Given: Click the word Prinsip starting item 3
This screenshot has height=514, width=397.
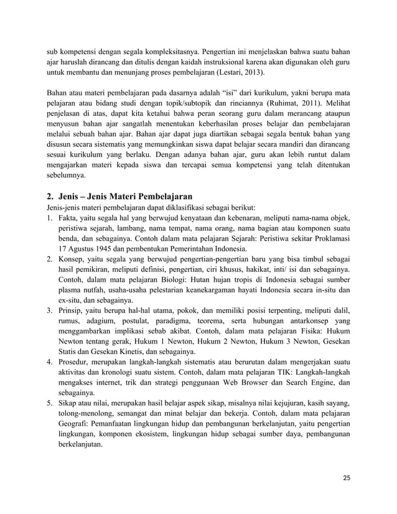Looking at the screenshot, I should (72, 311).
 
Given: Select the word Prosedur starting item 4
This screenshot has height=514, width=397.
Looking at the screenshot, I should (75, 362).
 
